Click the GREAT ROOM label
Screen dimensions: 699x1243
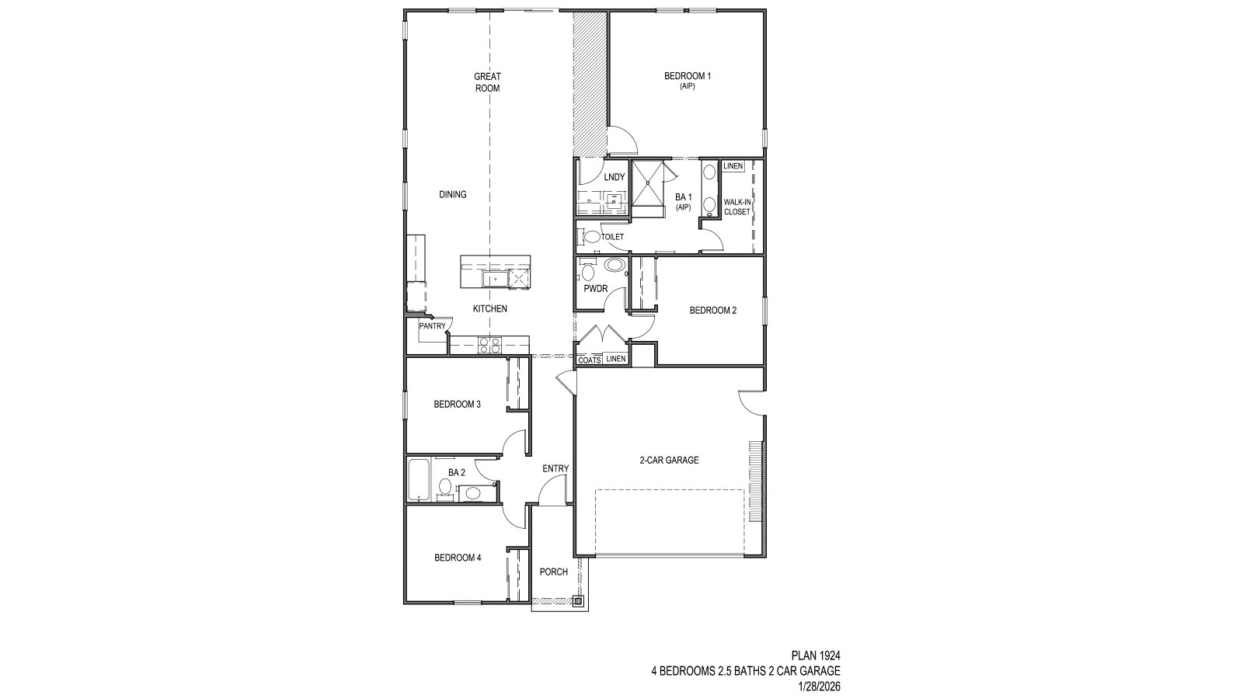coord(487,82)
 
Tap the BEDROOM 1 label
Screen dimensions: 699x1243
coord(687,80)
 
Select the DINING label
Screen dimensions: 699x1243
coord(452,194)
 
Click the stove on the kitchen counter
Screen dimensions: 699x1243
coord(489,345)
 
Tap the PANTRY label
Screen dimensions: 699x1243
coord(432,326)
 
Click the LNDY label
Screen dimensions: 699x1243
coord(614,177)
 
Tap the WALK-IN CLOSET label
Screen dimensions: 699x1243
coord(736,207)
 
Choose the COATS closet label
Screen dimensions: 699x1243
coord(589,360)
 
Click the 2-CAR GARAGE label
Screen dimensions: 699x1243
coord(669,460)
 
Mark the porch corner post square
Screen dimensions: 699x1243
coord(577,600)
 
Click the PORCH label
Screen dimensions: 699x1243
coord(553,572)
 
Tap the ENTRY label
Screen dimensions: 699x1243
coord(555,468)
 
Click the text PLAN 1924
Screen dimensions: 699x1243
coord(816,656)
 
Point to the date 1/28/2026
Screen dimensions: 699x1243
coord(819,687)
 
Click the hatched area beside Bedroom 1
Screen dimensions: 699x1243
coord(588,82)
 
